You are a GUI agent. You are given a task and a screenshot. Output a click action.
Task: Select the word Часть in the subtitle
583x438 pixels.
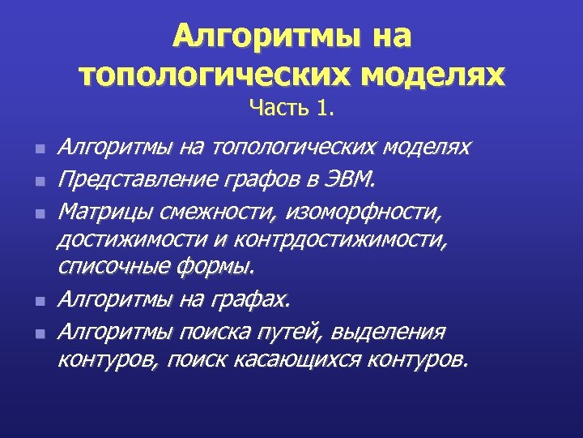(x=275, y=107)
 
